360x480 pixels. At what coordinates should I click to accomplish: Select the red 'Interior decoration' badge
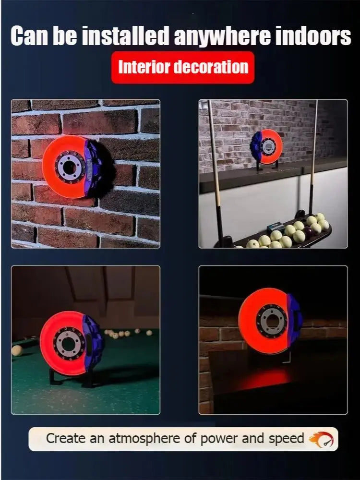click(182, 67)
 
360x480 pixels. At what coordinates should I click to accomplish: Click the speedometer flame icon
click(321, 439)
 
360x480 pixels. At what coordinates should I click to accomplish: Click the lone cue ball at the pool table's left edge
click(17, 350)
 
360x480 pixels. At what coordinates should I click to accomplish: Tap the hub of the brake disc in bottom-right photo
click(271, 320)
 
